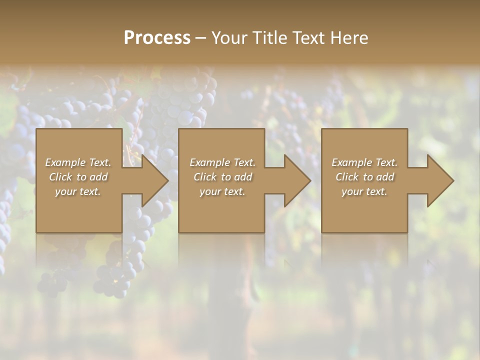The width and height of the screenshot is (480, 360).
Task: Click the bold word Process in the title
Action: click(x=157, y=38)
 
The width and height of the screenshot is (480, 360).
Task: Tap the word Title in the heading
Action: click(x=270, y=38)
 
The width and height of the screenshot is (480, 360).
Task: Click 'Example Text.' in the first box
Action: click(x=78, y=162)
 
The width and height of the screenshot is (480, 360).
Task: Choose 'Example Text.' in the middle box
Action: click(x=222, y=162)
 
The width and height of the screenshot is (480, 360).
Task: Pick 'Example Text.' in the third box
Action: click(x=364, y=162)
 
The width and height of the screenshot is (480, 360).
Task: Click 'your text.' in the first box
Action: click(x=78, y=191)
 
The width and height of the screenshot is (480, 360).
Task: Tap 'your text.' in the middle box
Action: click(x=222, y=191)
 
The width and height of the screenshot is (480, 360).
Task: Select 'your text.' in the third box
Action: click(x=364, y=191)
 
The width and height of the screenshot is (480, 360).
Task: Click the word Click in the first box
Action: click(x=60, y=177)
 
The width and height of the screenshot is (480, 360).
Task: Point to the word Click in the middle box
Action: click(x=205, y=177)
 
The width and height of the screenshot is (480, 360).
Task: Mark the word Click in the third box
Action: click(x=347, y=177)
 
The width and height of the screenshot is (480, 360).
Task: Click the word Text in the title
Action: click(x=308, y=38)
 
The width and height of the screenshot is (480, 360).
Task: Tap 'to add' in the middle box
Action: click(x=237, y=177)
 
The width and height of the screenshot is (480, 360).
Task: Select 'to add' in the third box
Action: click(x=379, y=177)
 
